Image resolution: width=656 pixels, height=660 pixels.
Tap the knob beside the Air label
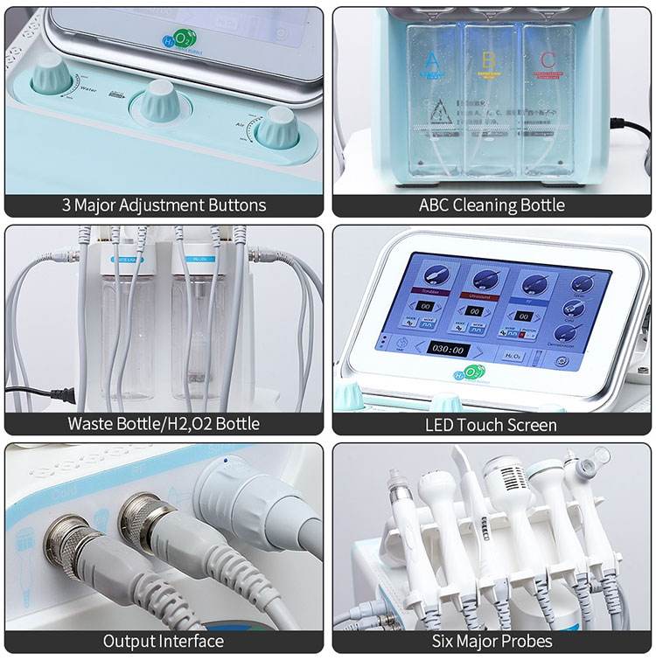281,128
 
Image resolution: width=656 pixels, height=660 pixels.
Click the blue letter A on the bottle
429,62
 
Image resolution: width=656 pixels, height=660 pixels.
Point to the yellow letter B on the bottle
489,62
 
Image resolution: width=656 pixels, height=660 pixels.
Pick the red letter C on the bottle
547,62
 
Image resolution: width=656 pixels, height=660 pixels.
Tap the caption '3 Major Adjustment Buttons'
164,205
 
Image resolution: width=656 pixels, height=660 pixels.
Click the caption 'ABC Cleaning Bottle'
491,205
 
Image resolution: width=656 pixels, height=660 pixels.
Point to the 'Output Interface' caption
164,641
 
